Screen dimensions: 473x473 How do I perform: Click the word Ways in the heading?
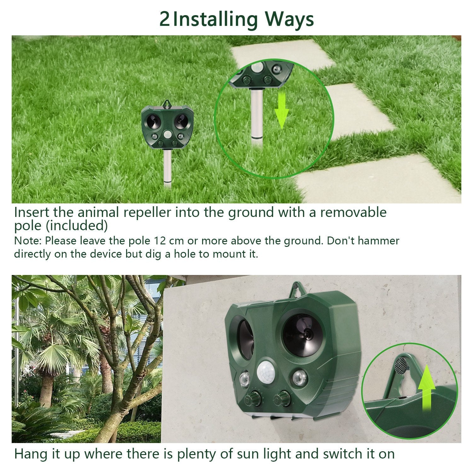point(289,20)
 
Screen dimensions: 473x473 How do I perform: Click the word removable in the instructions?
point(353,212)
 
